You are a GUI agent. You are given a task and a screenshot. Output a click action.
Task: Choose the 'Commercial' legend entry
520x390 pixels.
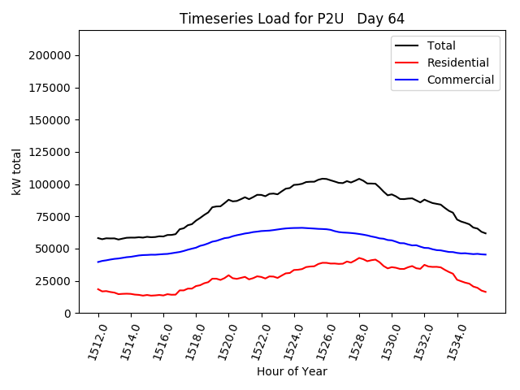460,80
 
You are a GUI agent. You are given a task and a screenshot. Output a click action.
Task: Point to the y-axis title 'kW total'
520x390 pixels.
17,171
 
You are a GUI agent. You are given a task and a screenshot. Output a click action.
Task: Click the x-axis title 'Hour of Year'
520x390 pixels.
292,371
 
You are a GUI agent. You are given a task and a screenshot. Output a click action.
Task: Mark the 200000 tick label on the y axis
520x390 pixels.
50,55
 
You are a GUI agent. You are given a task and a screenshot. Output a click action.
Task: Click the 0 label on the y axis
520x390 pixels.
68,313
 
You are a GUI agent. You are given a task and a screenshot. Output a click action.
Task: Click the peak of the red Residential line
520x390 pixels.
359,258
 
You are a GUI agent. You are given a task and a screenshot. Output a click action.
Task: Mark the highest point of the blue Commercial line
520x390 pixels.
301,227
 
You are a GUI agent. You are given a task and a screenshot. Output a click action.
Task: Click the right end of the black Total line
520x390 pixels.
486,234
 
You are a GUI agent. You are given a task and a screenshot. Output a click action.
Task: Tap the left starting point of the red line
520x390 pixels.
98,288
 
